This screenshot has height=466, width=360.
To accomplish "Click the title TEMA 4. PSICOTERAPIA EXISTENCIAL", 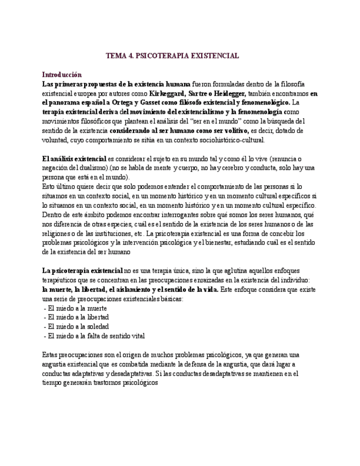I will tap(172, 56).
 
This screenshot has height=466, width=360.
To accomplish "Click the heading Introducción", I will tap(62, 74).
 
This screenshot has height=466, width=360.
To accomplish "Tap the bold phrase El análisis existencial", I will tap(74, 159).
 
